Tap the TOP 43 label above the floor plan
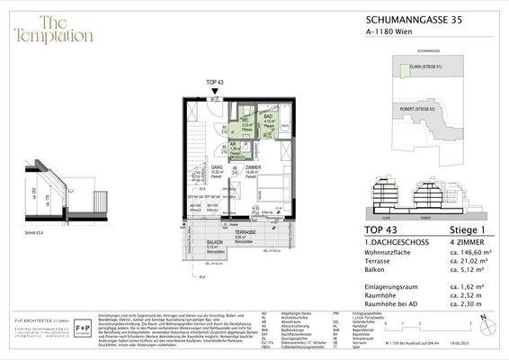(x=216, y=83)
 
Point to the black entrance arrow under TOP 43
(x=216, y=91)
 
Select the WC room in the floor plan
(x=246, y=125)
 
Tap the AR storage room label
(x=232, y=145)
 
